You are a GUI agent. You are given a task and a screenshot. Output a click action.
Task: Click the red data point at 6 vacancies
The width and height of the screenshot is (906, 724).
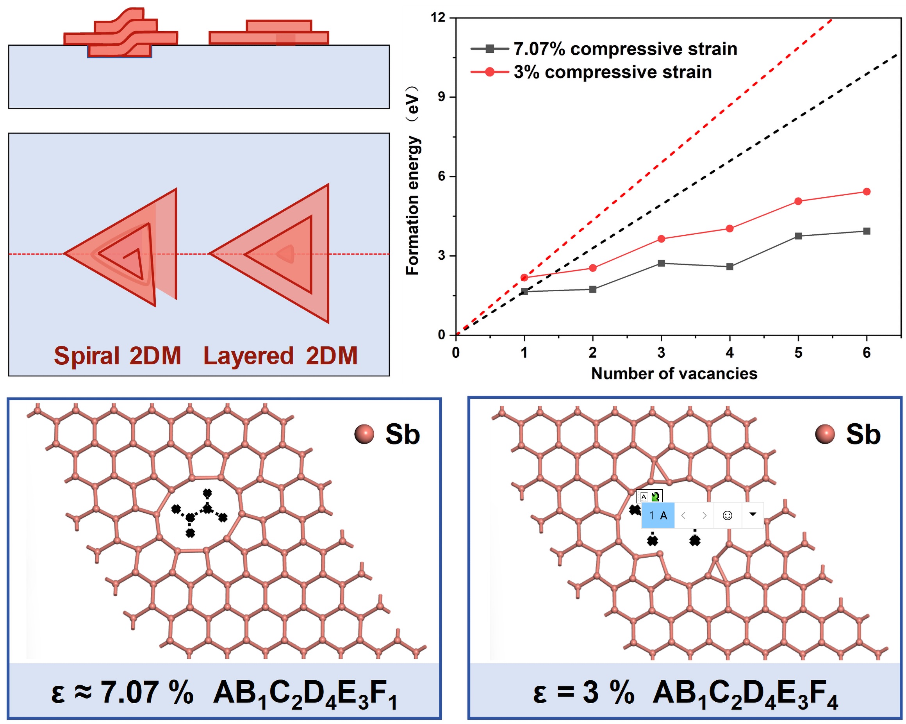click(x=866, y=192)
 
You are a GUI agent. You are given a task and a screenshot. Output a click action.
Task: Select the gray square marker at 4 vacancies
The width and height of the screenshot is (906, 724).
click(x=729, y=267)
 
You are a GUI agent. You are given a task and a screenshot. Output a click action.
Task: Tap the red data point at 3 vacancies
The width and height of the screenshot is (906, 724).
click(x=661, y=239)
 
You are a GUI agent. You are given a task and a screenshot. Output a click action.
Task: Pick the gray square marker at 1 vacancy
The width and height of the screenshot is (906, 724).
click(x=524, y=292)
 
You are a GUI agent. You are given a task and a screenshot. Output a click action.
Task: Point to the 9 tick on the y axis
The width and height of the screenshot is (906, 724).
click(x=441, y=97)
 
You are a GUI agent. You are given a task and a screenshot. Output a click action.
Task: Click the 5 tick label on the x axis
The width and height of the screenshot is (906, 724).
click(x=798, y=353)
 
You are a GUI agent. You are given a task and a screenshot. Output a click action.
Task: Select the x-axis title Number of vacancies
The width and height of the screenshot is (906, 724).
click(x=674, y=374)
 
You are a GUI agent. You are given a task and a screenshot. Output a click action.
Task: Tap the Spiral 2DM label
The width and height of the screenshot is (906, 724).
click(x=117, y=356)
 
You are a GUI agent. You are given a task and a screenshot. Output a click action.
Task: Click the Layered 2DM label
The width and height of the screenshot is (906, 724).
click(x=280, y=356)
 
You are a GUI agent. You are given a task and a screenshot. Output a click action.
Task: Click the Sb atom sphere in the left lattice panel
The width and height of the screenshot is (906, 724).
click(x=364, y=434)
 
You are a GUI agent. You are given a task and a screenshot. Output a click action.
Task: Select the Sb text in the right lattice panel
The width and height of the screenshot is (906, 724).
click(x=863, y=434)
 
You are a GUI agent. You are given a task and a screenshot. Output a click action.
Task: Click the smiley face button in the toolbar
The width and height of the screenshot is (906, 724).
click(x=727, y=515)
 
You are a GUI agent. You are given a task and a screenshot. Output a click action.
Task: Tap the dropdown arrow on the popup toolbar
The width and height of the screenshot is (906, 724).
click(x=753, y=515)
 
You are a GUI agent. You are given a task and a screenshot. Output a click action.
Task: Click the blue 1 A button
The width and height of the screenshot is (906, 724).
click(x=658, y=515)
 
